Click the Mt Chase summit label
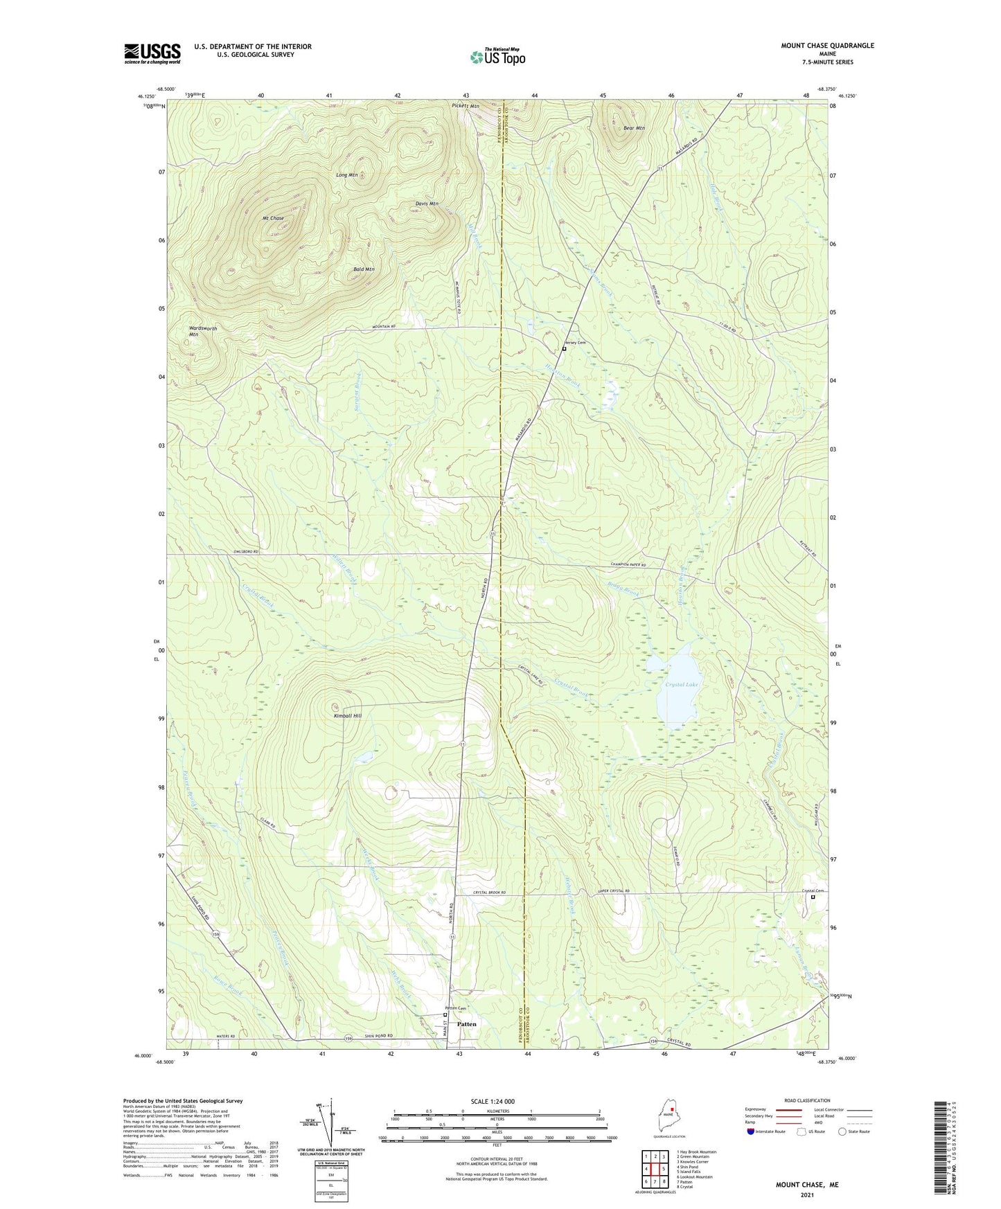(x=273, y=218)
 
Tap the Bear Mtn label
(x=634, y=128)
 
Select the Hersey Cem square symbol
(x=564, y=349)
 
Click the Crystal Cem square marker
(x=813, y=897)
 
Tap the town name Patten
(x=467, y=1023)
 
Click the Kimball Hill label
(x=347, y=715)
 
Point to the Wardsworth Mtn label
(x=202, y=331)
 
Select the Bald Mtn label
(x=364, y=269)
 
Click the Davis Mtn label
(x=427, y=204)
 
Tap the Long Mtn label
(x=347, y=175)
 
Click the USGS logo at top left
(x=152, y=53)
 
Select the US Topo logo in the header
(x=497, y=57)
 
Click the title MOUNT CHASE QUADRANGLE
(x=827, y=46)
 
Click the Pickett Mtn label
(x=466, y=107)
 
